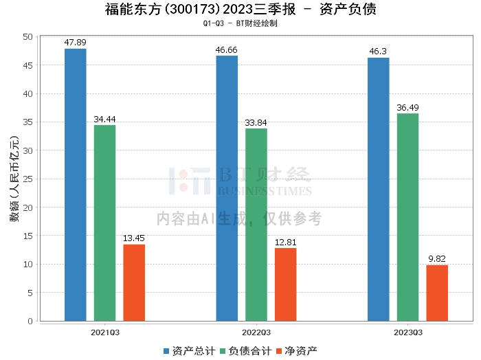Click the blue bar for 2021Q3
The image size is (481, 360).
[75, 185]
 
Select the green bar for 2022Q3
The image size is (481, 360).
[256, 225]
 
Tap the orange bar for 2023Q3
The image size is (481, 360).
[437, 293]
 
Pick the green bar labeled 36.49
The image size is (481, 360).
[407, 217]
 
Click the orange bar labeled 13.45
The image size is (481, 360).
[134, 283]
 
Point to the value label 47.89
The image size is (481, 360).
[75, 43]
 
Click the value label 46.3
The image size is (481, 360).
[378, 52]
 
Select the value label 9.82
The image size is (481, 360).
[437, 259]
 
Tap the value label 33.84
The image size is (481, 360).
[256, 123]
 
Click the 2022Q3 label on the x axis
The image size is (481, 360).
[256, 333]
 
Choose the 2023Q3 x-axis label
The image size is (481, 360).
[408, 333]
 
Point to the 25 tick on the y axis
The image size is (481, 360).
[28, 179]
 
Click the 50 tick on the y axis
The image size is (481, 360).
[28, 37]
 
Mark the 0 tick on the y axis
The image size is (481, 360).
[30, 321]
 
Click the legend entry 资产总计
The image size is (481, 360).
[189, 351]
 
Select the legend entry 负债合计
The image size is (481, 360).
[246, 351]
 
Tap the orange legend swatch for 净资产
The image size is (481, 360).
[279, 351]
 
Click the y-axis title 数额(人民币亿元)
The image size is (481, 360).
[14, 179]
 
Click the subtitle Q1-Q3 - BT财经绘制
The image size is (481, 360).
[240, 23]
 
